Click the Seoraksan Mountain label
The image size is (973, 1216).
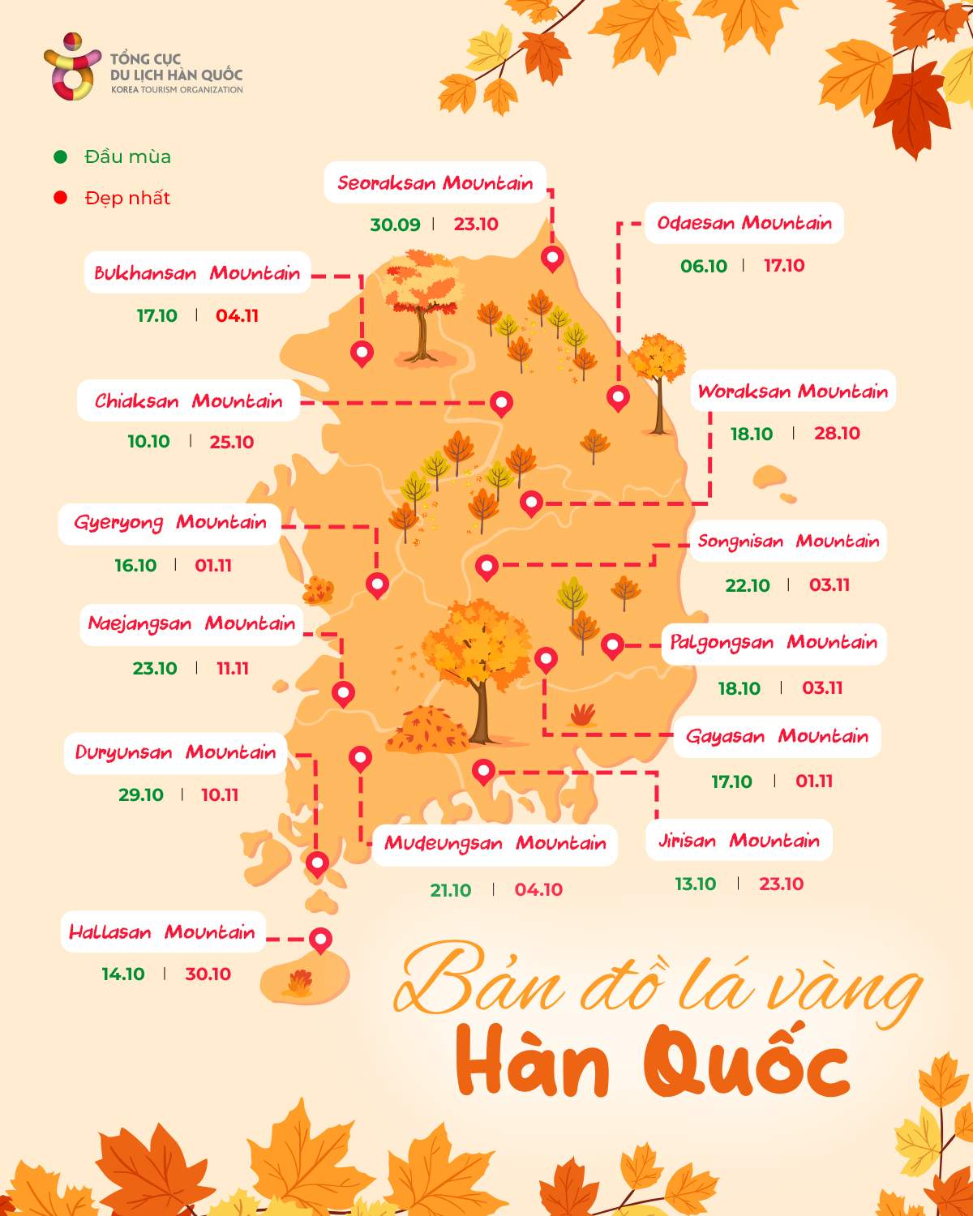point(435,183)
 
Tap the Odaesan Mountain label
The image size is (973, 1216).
point(744,223)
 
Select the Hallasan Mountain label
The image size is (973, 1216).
point(162,932)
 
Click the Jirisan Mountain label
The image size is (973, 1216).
point(739,841)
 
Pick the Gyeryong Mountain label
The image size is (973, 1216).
point(170,523)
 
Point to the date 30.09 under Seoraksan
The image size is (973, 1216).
point(395,225)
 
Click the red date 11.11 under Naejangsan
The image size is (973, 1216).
point(232,669)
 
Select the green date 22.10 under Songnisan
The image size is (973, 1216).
point(747,585)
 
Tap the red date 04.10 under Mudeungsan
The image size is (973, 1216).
point(538,890)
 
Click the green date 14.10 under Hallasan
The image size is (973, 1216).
point(123,974)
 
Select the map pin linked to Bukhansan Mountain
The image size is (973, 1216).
point(362,353)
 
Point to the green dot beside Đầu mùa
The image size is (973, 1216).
point(60,156)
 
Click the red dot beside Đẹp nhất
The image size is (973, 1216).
point(60,198)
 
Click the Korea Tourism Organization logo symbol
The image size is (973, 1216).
point(71,66)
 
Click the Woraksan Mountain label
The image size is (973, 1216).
point(792,392)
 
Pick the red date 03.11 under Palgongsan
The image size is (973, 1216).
point(822,688)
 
